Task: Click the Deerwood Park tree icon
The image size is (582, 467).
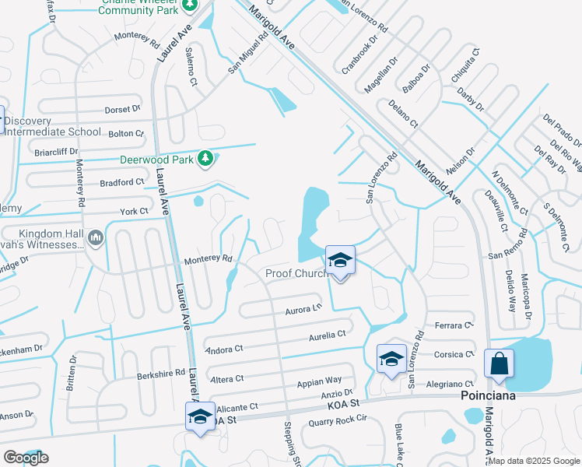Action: tap(205, 159)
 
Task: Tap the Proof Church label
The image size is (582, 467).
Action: tap(296, 273)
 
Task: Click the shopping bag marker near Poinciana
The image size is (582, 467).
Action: tap(498, 365)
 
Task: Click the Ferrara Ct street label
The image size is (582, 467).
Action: tap(455, 325)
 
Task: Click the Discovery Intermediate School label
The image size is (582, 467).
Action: tap(53, 126)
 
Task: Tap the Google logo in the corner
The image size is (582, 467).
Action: tap(26, 458)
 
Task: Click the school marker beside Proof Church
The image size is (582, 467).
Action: tap(340, 261)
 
